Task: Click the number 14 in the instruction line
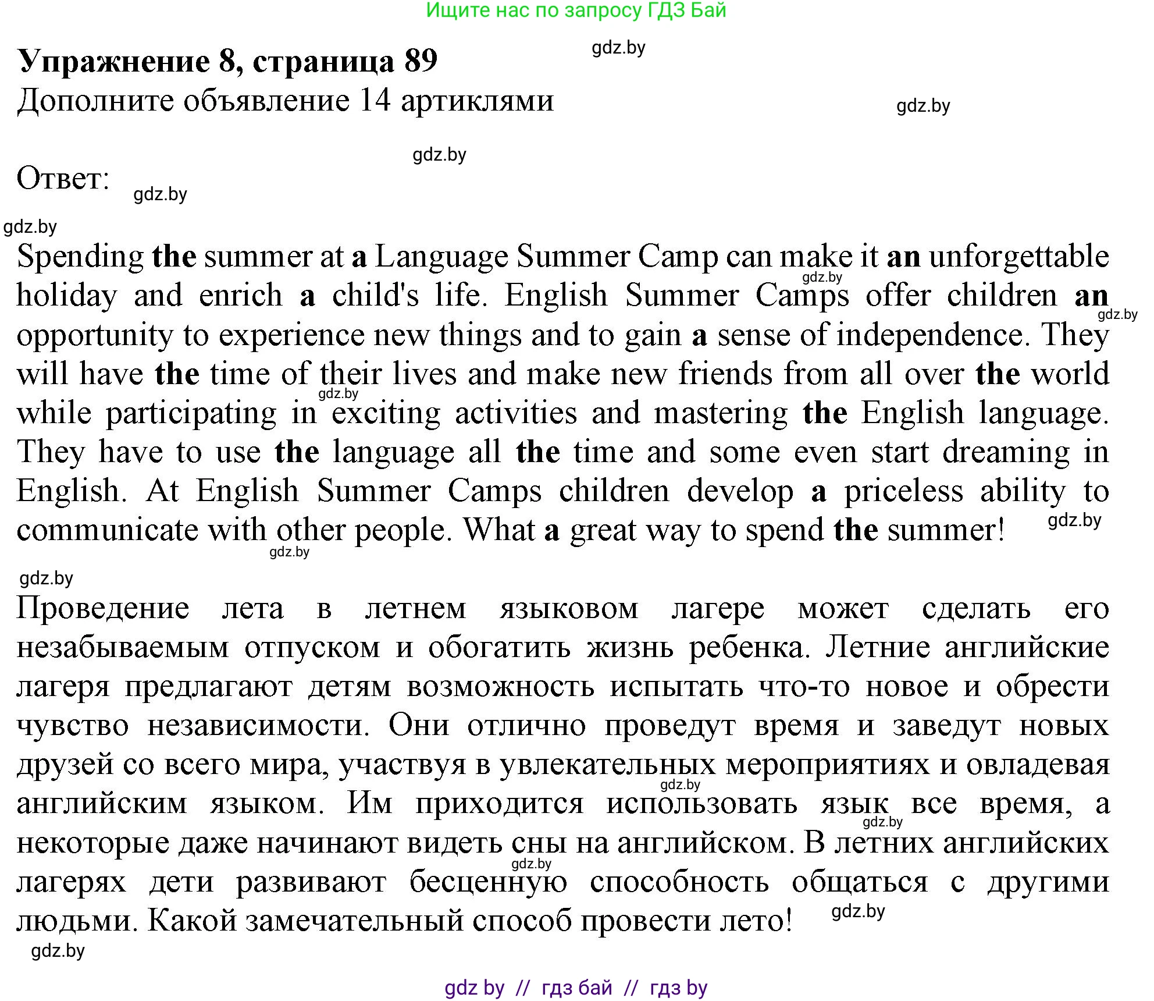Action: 375,100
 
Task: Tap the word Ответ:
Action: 63,178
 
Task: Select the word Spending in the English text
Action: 80,257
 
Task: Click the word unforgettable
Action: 1018,256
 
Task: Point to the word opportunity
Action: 95,336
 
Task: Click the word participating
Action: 191,414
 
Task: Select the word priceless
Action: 903,491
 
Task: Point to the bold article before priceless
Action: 818,492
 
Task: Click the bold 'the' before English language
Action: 824,413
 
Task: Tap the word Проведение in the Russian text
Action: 103,609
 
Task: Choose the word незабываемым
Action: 123,648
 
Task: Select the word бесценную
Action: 488,882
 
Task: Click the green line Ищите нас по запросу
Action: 576,10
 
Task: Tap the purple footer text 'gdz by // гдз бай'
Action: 576,988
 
